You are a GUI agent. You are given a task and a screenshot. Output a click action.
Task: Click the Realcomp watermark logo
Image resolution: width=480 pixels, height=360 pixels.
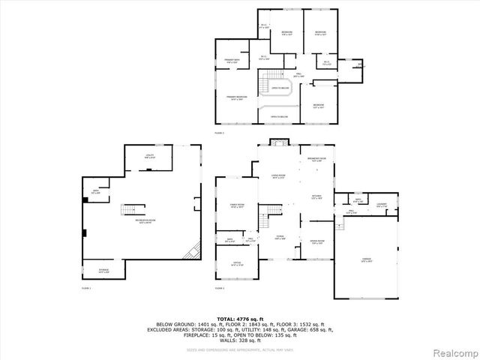[x=452, y=350]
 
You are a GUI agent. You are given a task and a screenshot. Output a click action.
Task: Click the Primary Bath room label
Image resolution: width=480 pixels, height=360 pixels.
[x=232, y=61]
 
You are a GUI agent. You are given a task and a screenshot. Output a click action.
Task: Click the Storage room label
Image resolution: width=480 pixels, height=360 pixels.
[x=103, y=271]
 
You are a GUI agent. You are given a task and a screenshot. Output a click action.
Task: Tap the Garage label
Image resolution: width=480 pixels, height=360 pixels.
[x=367, y=259]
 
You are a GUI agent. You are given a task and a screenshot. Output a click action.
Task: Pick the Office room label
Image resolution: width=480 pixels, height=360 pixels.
[x=237, y=264]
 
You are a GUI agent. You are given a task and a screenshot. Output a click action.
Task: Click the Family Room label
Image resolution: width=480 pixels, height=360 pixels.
[x=237, y=206]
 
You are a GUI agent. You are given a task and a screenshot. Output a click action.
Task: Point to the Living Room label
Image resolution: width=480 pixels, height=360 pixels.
[x=279, y=177]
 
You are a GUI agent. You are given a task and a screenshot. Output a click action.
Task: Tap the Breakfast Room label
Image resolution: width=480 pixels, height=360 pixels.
[x=316, y=160]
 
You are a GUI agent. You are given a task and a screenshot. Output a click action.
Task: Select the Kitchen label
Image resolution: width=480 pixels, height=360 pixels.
[x=316, y=197]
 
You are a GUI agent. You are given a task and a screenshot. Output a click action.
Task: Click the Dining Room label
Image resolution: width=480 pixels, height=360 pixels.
[x=316, y=241]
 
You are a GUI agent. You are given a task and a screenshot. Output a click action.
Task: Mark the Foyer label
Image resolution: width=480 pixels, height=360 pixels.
[x=280, y=238]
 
